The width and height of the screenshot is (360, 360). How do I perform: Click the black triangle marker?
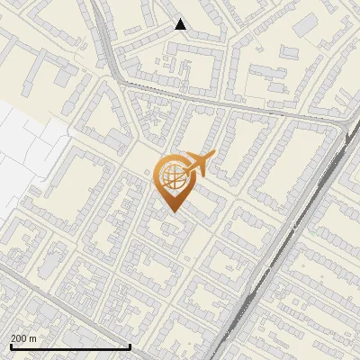coord(181,24)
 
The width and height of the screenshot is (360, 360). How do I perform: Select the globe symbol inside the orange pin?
coord(171,177)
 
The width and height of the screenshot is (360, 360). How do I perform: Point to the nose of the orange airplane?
coord(212,156)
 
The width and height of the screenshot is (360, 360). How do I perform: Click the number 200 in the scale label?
coord(19,338)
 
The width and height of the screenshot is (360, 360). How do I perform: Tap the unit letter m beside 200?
coord(34,338)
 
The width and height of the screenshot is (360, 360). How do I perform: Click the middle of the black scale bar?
coord(69,346)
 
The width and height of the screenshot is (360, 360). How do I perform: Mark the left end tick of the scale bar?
coord(9,346)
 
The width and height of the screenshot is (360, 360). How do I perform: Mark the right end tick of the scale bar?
coord(130,346)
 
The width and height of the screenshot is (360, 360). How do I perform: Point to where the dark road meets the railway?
coord(343,125)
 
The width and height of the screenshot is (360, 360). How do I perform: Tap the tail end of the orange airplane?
coord(182,159)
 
